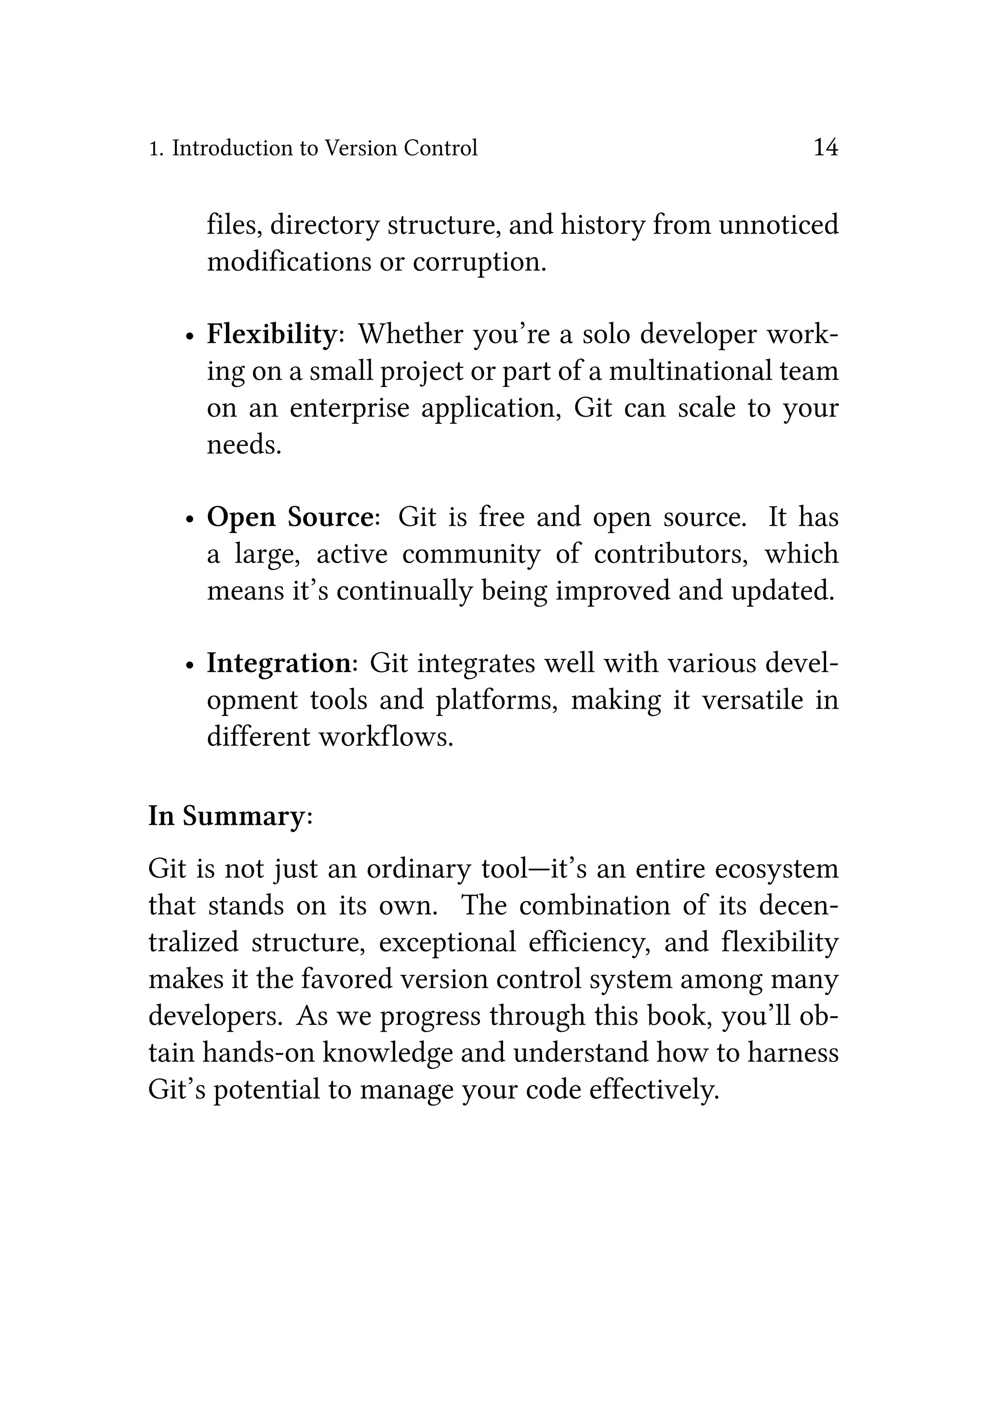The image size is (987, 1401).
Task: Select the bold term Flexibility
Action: click(x=271, y=335)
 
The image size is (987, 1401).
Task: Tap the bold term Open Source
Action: click(x=289, y=517)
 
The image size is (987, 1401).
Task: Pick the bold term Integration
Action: click(x=279, y=663)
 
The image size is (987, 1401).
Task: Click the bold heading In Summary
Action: click(x=226, y=816)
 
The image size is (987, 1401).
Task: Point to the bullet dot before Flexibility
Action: click(x=190, y=337)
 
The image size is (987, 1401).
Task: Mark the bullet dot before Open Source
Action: click(x=190, y=519)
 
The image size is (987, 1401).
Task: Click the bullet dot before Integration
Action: click(x=190, y=666)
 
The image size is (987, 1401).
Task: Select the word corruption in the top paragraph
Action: click(x=480, y=262)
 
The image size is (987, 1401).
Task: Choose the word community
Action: click(x=471, y=554)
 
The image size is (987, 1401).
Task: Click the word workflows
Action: click(x=386, y=737)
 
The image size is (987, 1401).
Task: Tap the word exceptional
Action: click(x=447, y=942)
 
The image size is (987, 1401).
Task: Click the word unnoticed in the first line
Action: click(x=778, y=225)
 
